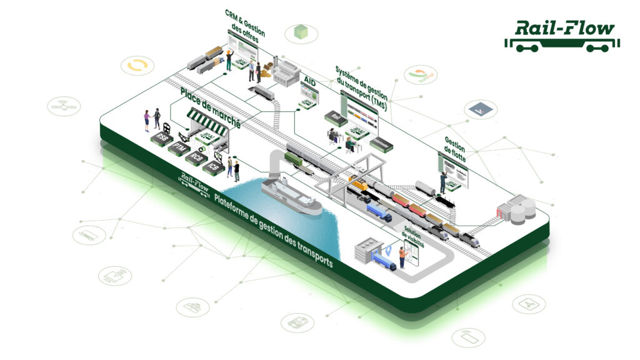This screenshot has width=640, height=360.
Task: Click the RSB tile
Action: (162, 136)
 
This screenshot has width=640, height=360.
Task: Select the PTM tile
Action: (179, 147)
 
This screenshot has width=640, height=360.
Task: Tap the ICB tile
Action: (214, 167)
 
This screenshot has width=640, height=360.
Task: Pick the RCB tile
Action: (196, 157)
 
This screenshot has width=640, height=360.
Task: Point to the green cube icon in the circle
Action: (302, 32)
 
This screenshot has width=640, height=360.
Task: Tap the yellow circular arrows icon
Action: (137, 65)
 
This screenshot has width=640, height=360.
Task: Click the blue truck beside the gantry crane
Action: (379, 213)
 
